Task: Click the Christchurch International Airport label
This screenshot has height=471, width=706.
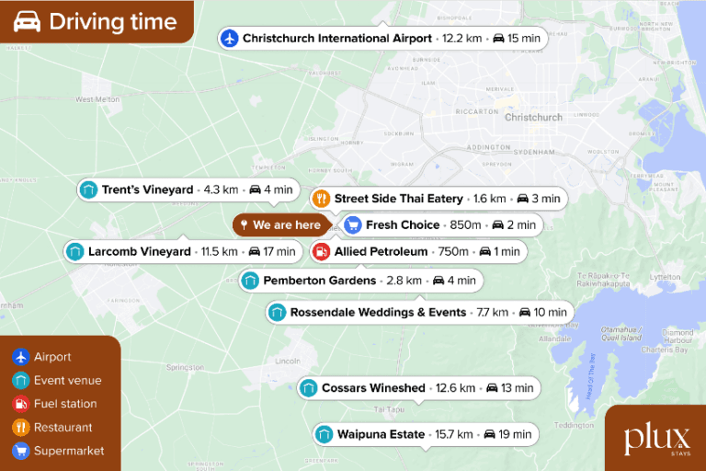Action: tap(336, 39)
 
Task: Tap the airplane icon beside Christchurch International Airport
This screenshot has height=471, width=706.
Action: tap(230, 39)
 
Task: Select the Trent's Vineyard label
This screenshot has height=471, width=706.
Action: tap(147, 190)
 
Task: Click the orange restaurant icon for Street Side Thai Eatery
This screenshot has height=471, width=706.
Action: tap(321, 199)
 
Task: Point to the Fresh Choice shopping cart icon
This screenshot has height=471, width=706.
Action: tap(352, 225)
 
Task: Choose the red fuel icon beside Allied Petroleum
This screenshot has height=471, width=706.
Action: tap(321, 251)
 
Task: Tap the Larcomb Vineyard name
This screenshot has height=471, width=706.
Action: tap(140, 251)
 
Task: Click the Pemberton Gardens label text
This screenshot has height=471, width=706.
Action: tap(319, 281)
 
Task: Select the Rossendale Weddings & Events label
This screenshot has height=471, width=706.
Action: tap(378, 313)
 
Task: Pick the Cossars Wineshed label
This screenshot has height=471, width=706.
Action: tap(373, 388)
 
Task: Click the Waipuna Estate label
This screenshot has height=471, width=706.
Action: tap(381, 434)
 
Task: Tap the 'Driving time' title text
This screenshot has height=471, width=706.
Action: tap(112, 22)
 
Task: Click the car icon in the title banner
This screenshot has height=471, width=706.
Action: tap(27, 22)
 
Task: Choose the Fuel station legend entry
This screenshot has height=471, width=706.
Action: tap(65, 404)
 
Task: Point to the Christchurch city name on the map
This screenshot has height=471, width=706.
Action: tap(533, 118)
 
